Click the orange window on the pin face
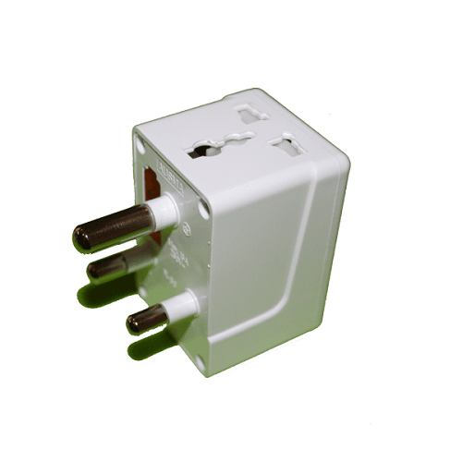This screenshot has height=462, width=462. click(x=153, y=184)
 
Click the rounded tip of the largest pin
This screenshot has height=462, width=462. click(x=80, y=237)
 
